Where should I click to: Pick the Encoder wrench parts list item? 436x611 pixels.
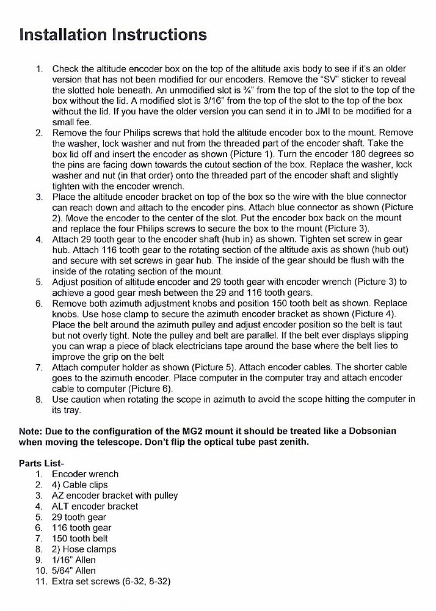(x=85, y=474)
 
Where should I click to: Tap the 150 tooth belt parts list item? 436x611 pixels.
(x=79, y=538)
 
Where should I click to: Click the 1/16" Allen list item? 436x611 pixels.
(x=73, y=560)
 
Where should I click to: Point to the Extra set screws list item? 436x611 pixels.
(x=111, y=581)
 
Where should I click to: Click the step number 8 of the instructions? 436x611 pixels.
(x=38, y=399)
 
